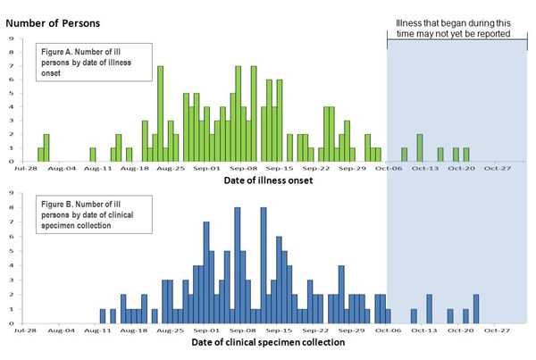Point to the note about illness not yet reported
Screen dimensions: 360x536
coord(454,28)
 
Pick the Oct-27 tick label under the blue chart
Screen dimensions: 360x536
coord(497,331)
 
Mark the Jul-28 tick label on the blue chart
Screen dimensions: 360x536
coord(25,331)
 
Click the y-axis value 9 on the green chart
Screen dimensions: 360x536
coord(11,38)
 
